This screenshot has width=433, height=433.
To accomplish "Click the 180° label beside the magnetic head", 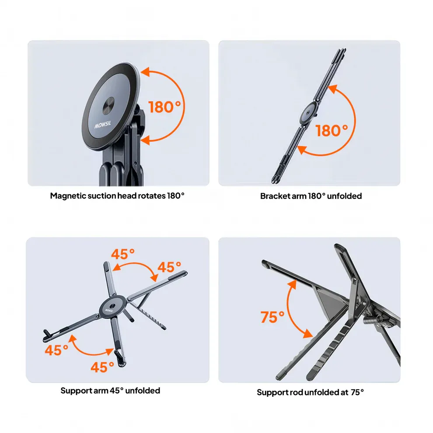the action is (x=164, y=107).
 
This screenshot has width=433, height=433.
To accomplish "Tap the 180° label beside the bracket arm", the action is (x=332, y=131).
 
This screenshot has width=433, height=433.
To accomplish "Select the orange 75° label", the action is (x=272, y=317).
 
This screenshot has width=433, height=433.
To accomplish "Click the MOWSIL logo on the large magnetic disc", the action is (x=102, y=125).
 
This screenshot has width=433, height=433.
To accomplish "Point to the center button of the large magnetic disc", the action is (x=108, y=106).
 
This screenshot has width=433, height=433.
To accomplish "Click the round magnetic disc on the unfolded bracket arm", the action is (x=309, y=113).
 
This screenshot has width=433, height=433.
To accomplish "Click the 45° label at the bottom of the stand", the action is (x=102, y=367).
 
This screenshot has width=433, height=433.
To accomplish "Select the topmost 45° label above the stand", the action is (x=122, y=254).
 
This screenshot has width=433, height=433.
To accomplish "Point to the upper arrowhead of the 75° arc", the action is (x=293, y=284).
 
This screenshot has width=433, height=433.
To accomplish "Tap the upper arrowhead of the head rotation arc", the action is (x=145, y=72).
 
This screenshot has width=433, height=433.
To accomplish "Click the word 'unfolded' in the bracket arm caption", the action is (x=344, y=196).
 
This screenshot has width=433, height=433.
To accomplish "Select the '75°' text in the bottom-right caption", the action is (x=357, y=392).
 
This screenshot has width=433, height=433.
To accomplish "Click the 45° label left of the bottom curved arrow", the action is (x=56, y=350).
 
